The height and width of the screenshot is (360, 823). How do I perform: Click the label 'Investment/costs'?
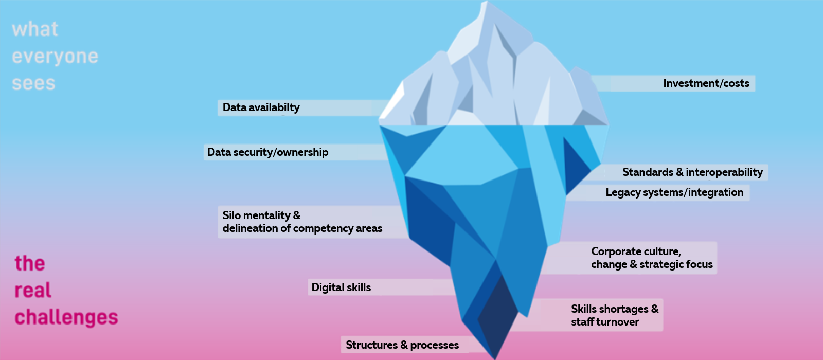click(x=706, y=83)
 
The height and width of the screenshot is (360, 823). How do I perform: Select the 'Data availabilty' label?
click(x=261, y=107)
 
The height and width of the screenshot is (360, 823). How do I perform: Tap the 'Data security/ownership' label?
click(x=267, y=152)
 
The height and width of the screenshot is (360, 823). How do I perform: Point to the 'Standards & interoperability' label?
click(x=692, y=172)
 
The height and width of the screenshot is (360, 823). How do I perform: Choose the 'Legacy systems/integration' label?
click(x=674, y=192)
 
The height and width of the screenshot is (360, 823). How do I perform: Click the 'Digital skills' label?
click(x=341, y=287)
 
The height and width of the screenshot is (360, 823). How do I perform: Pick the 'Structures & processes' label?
click(x=402, y=345)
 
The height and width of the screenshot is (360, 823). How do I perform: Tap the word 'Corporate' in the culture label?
click(x=614, y=251)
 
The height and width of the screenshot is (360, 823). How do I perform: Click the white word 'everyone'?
click(x=55, y=57)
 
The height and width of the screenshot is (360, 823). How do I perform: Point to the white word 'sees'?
click(x=33, y=83)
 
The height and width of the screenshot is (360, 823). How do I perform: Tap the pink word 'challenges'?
click(x=66, y=318)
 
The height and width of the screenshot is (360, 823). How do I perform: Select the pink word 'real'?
click(x=33, y=291)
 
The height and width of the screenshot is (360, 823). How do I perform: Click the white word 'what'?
click(x=35, y=29)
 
